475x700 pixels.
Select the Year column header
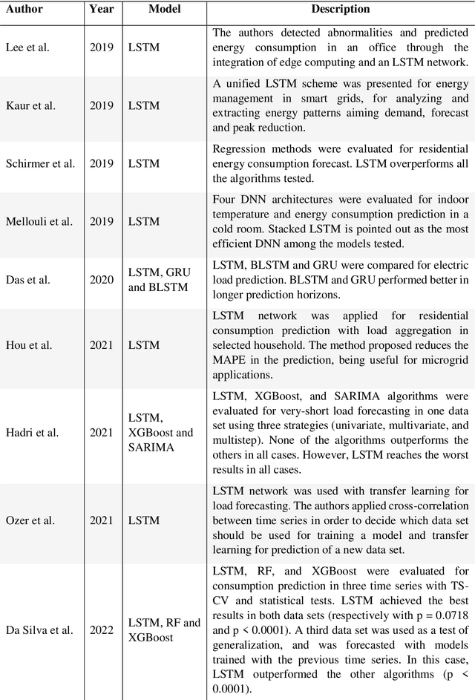coord(101,10)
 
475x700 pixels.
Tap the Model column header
coord(165,10)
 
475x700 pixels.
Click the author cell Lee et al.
coord(28,47)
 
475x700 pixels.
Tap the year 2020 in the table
coord(101,280)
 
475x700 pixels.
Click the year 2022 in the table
coord(101,630)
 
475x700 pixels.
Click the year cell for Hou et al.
coord(101,344)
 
